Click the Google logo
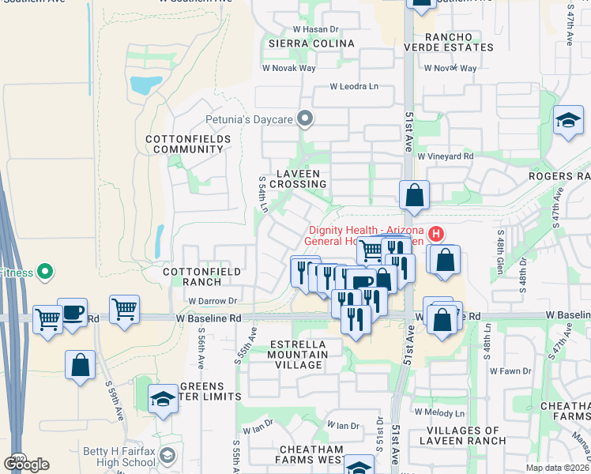(26, 465)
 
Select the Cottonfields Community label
(188, 144)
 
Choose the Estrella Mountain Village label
(298, 355)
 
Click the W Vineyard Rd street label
(446, 156)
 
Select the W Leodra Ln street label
(354, 86)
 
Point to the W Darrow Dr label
(213, 301)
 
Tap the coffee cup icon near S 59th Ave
(72, 313)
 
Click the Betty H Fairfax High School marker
(167, 455)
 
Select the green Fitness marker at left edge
(44, 273)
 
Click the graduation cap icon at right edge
(567, 121)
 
